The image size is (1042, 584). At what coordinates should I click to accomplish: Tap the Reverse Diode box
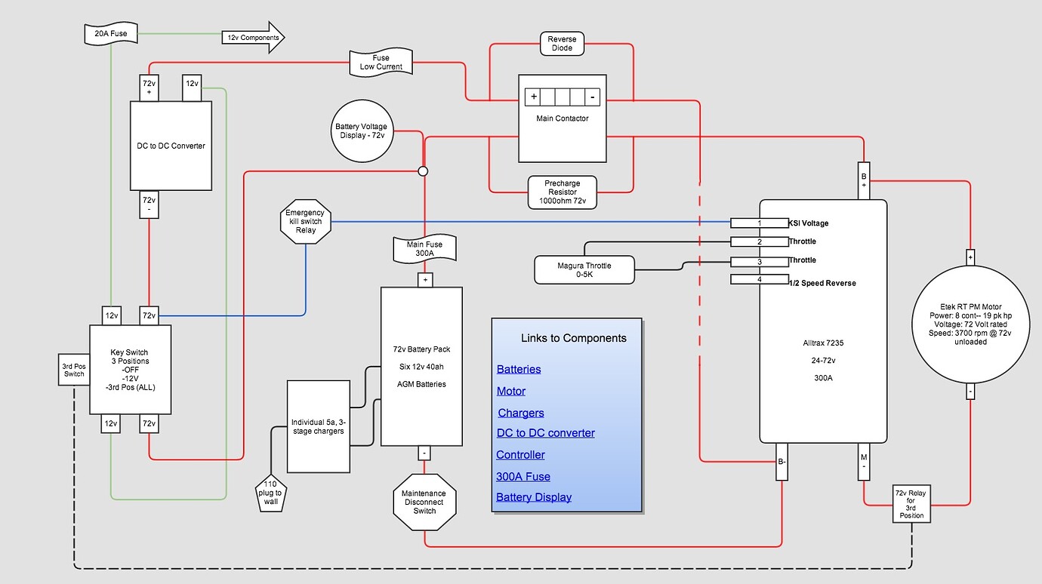561,44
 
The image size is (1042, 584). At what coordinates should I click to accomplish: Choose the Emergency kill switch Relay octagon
305,221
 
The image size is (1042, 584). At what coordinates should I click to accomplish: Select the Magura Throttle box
584,270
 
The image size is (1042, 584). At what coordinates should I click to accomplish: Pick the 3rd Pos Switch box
74,370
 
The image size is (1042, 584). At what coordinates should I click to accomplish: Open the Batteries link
519,369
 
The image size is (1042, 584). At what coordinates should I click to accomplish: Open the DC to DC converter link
545,433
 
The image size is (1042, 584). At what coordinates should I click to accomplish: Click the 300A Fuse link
523,477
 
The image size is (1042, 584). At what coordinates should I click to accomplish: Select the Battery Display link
533,497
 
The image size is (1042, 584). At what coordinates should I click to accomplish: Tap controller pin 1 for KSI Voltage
760,223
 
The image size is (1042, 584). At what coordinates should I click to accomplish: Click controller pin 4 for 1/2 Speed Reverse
760,280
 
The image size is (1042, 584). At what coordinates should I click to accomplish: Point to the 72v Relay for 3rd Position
911,503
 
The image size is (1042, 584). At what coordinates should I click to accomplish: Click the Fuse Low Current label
381,63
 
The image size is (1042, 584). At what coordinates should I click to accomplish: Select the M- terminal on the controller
864,462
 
